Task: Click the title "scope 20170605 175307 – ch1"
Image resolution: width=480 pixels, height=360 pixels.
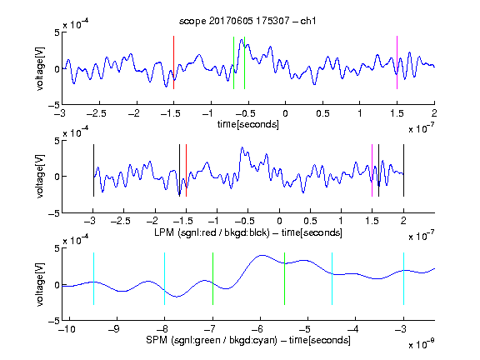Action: coord(247,21)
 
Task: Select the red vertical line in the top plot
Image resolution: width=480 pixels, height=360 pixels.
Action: coord(173,62)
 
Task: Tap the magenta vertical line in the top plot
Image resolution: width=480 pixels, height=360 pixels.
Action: coord(397,62)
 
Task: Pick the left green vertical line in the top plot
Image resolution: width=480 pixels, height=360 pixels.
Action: coord(233,62)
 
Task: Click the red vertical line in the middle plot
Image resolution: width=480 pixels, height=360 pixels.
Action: coord(186,170)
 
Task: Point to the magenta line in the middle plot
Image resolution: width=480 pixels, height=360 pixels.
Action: coord(372,170)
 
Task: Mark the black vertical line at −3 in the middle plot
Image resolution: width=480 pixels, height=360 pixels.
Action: coord(93,170)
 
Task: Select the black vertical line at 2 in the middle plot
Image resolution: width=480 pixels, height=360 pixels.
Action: coord(403,170)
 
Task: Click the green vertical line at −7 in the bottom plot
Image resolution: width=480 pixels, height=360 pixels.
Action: coord(212,278)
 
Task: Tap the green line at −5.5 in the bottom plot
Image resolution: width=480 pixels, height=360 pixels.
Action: coord(284,278)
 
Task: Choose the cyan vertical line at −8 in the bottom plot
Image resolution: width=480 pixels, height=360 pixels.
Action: coord(164,278)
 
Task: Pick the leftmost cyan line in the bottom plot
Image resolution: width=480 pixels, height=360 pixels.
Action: coord(93,278)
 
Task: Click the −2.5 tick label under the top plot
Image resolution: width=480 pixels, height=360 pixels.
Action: coord(96,113)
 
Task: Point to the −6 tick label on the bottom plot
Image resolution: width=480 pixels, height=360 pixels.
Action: coord(257,329)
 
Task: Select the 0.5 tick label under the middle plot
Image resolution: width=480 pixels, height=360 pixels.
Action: coord(310,221)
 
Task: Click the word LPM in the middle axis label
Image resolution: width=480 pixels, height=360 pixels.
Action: coord(164,232)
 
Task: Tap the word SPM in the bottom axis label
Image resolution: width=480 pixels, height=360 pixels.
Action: coord(157,340)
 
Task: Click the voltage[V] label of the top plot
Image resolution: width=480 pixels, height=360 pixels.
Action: coord(40,68)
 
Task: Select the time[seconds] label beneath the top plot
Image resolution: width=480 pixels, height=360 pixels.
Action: coord(248,124)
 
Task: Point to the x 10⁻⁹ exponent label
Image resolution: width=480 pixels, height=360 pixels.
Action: coord(421,344)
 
